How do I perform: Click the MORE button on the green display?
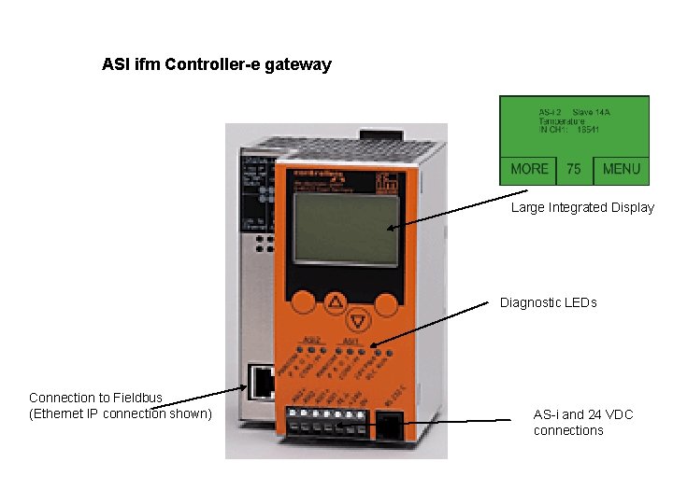529,169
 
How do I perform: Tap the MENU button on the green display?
622,169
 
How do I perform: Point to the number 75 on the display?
574,169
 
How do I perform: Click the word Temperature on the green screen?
562,121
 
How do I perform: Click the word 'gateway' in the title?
300,65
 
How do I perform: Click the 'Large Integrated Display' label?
582,207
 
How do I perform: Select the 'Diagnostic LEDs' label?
548,302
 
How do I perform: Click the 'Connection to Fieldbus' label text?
95,398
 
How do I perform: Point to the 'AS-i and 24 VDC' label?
583,413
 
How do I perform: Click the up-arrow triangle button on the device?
336,302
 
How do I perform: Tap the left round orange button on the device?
303,303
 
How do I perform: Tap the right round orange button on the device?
385,303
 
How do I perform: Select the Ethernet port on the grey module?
261,380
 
